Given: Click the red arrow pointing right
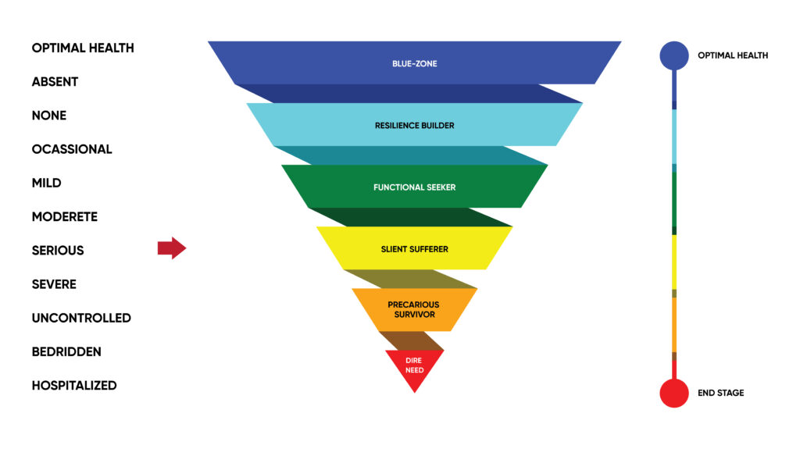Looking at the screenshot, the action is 172,248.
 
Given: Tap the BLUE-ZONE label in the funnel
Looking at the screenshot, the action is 414,64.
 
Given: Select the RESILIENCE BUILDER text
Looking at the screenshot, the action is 414,126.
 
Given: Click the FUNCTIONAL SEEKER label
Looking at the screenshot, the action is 414,187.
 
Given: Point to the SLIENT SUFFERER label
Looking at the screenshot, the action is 414,249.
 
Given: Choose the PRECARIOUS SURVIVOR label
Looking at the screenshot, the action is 414,309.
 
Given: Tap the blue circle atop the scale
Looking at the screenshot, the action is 674,55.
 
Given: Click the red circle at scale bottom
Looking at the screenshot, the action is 674,393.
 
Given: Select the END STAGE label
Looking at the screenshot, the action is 720,393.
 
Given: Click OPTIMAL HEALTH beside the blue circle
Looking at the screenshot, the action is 733,55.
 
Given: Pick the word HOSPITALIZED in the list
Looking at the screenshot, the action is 74,386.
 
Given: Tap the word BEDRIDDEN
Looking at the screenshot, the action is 66,352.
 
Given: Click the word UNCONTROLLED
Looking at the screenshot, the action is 81,319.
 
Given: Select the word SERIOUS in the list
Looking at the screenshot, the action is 58,251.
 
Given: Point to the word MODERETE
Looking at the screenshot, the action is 64,217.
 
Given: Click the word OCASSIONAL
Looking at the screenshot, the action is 71,149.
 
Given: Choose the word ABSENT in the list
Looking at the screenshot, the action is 55,82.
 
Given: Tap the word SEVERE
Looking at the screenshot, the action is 54,285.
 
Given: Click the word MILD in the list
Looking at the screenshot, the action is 46,184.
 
